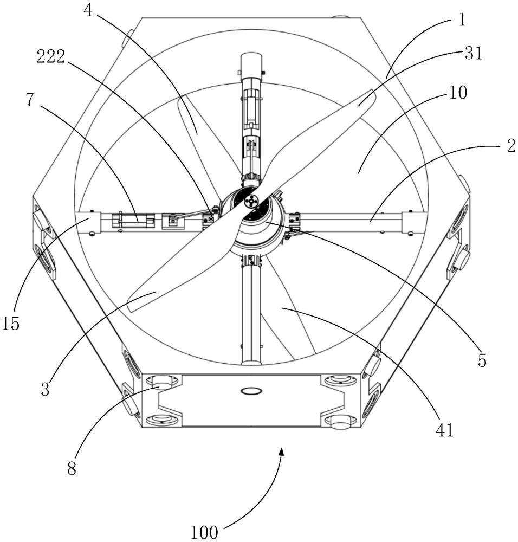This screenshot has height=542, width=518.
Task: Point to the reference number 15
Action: (x=11, y=324)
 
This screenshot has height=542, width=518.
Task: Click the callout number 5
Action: (x=482, y=359)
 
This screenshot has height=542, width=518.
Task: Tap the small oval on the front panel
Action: (x=251, y=390)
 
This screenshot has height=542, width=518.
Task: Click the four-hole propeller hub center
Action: (x=251, y=202)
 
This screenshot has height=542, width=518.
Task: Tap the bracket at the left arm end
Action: (x=89, y=223)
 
